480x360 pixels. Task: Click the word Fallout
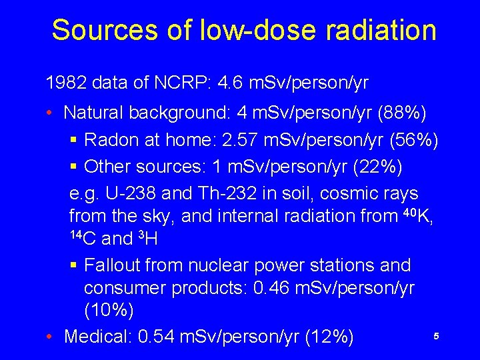[x=119, y=265]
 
